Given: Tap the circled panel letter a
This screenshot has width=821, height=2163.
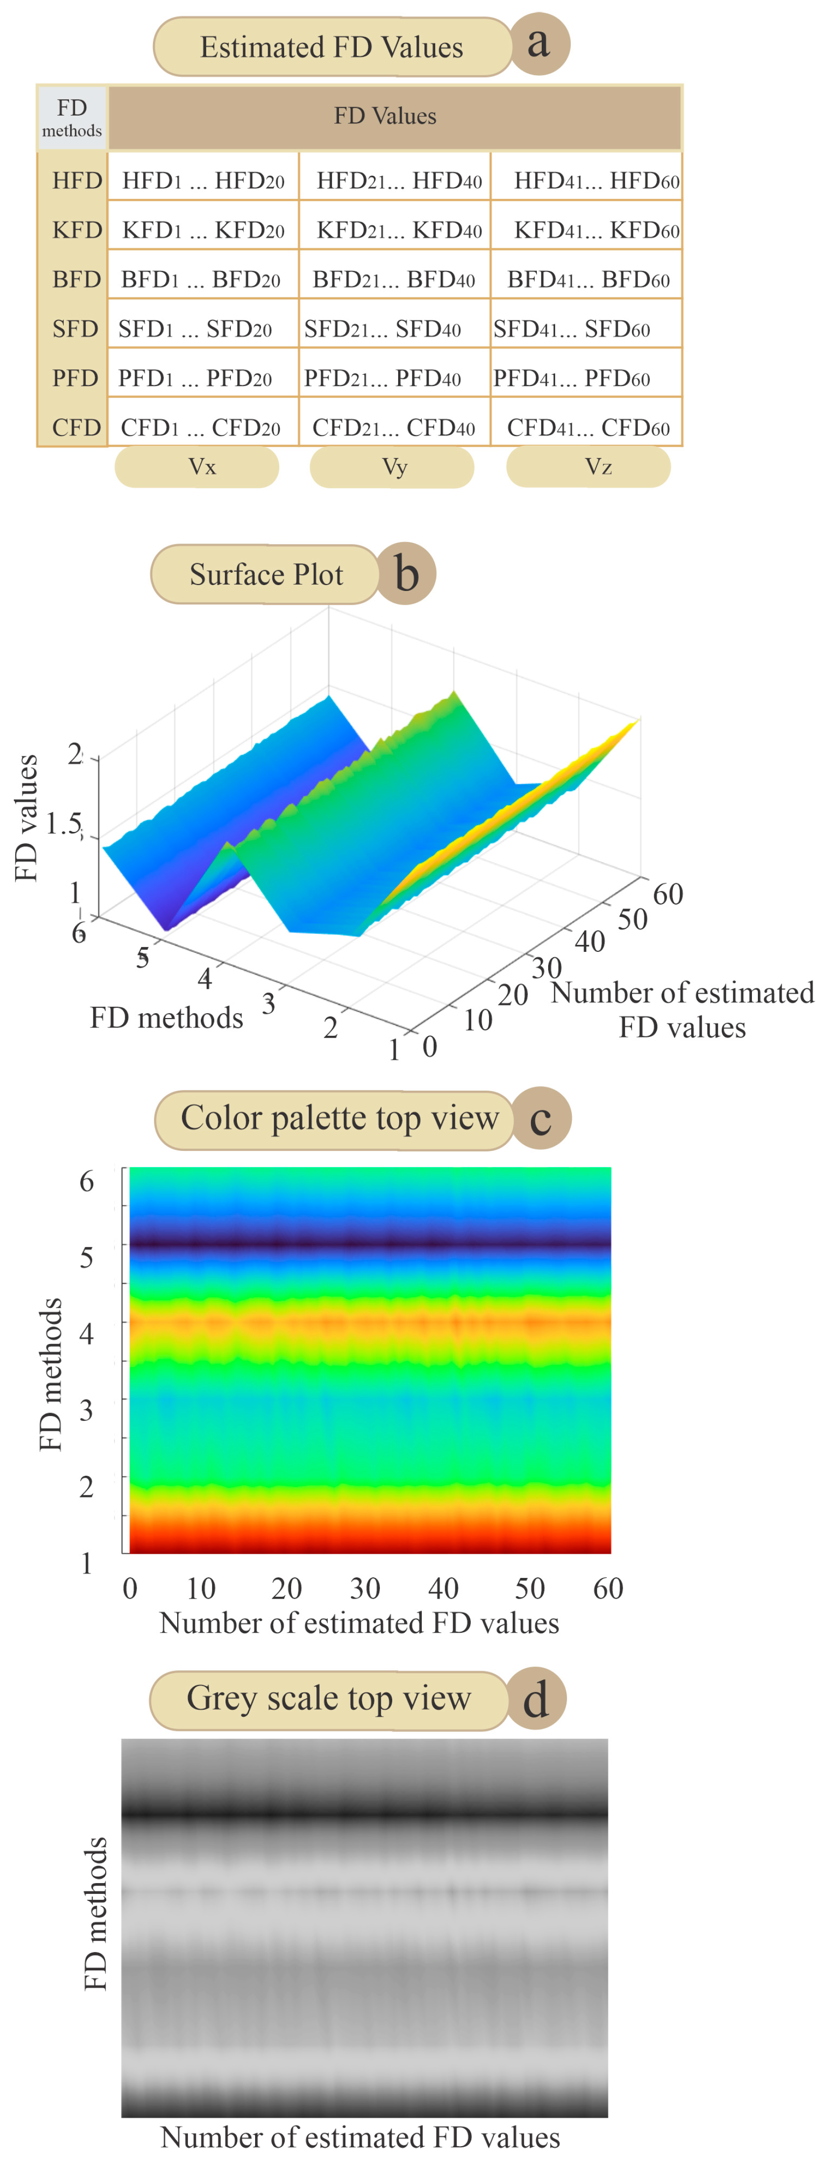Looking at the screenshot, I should coord(539,43).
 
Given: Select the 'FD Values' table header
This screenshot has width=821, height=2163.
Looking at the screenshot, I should coord(385,116).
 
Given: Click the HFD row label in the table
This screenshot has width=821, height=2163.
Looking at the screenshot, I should coord(76,181).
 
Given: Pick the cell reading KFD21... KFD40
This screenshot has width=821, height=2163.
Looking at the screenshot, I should coord(399,230).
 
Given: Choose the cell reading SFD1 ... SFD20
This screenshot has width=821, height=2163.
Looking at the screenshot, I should coord(195,329).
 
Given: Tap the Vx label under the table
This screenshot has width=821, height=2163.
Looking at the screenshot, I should coord(201,467).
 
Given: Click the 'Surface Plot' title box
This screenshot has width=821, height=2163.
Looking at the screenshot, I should coord(266,574).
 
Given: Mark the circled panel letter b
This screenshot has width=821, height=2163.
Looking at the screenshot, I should coord(406,574).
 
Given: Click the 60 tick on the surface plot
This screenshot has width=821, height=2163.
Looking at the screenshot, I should coord(668,894).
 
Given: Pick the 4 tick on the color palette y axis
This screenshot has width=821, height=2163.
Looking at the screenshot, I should coord(86,1334).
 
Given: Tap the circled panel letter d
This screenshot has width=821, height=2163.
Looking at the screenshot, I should coord(536,1699).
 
